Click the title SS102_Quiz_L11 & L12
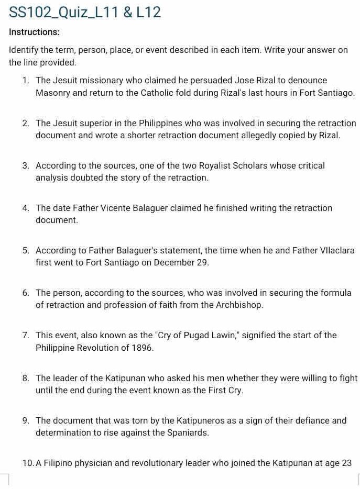85,13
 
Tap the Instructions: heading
34,32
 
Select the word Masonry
53,93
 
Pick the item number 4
25,208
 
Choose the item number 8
25,378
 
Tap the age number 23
345,463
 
